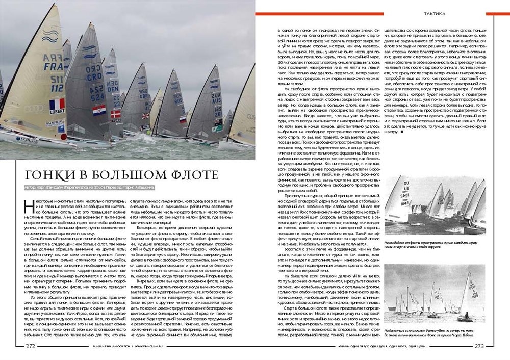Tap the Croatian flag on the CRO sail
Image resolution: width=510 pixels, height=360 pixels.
99,110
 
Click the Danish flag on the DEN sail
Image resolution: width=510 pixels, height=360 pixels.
116,113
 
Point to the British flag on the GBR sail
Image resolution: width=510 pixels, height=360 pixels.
145,115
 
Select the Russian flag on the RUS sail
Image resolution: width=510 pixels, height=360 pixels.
183,119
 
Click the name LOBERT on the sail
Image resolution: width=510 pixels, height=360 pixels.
57,111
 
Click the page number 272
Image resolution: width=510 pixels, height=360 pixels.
31,346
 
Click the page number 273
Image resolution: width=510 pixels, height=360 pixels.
479,346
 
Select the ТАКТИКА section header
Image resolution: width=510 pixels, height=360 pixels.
435,14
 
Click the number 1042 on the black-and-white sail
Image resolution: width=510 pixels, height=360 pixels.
403,203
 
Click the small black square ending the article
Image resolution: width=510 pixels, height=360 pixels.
402,132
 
